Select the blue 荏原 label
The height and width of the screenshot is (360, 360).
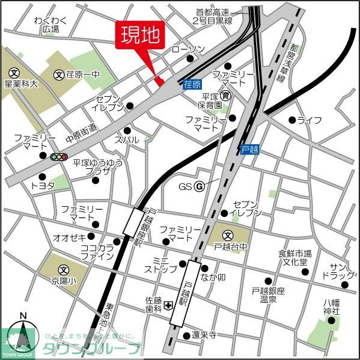coord(192,86)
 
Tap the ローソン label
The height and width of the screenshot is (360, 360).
coord(188,49)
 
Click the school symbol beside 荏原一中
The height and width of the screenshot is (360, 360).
coord(59,75)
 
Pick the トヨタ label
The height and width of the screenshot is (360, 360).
coord(42,186)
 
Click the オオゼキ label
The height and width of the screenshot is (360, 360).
coord(70,236)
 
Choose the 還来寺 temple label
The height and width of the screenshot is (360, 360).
coord(204,336)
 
